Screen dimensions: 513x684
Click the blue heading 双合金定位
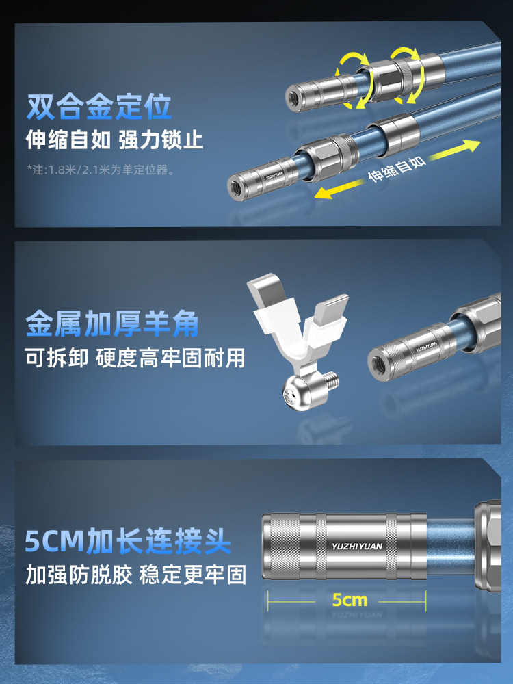point(98,107)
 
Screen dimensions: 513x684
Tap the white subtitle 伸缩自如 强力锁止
point(114,140)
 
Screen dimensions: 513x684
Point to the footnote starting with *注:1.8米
point(101,169)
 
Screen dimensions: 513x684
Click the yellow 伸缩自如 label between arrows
point(397,169)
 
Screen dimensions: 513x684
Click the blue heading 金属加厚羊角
point(113,324)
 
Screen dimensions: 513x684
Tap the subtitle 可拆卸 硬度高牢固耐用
point(135,358)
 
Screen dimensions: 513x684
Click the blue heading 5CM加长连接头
point(127,541)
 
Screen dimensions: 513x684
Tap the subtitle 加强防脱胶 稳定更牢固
point(136,575)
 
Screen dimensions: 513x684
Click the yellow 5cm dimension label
point(350,600)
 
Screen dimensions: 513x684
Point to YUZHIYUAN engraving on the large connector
point(357,546)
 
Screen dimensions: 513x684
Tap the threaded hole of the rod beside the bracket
point(376,363)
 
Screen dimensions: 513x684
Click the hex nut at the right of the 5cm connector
point(488,545)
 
